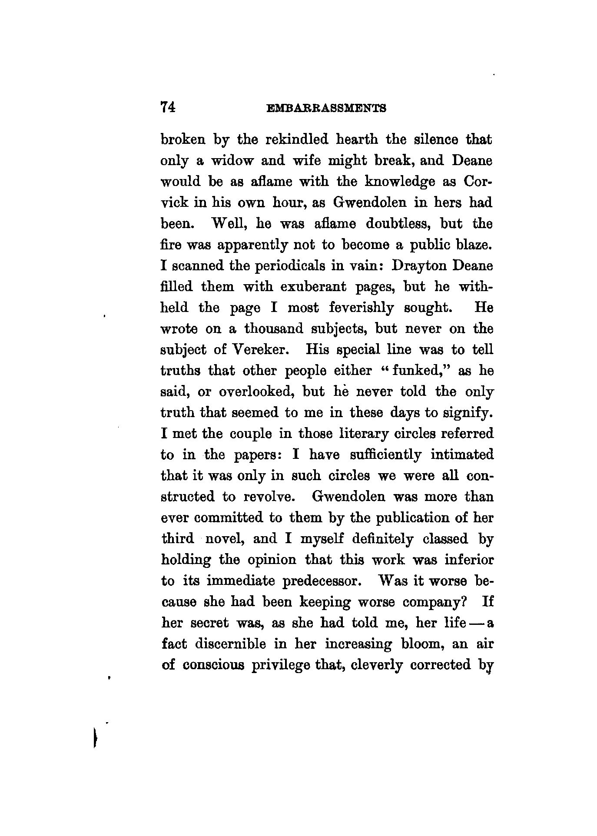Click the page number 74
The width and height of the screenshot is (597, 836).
(x=167, y=107)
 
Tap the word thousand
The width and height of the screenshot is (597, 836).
(x=274, y=329)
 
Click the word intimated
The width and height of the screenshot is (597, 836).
(x=462, y=455)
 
